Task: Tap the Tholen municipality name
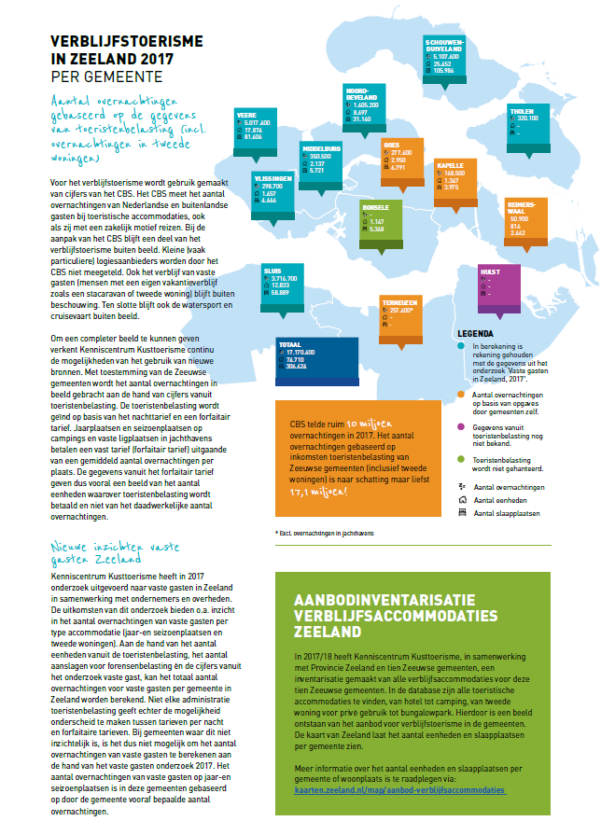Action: pos(522,110)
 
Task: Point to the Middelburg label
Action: pos(321,148)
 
